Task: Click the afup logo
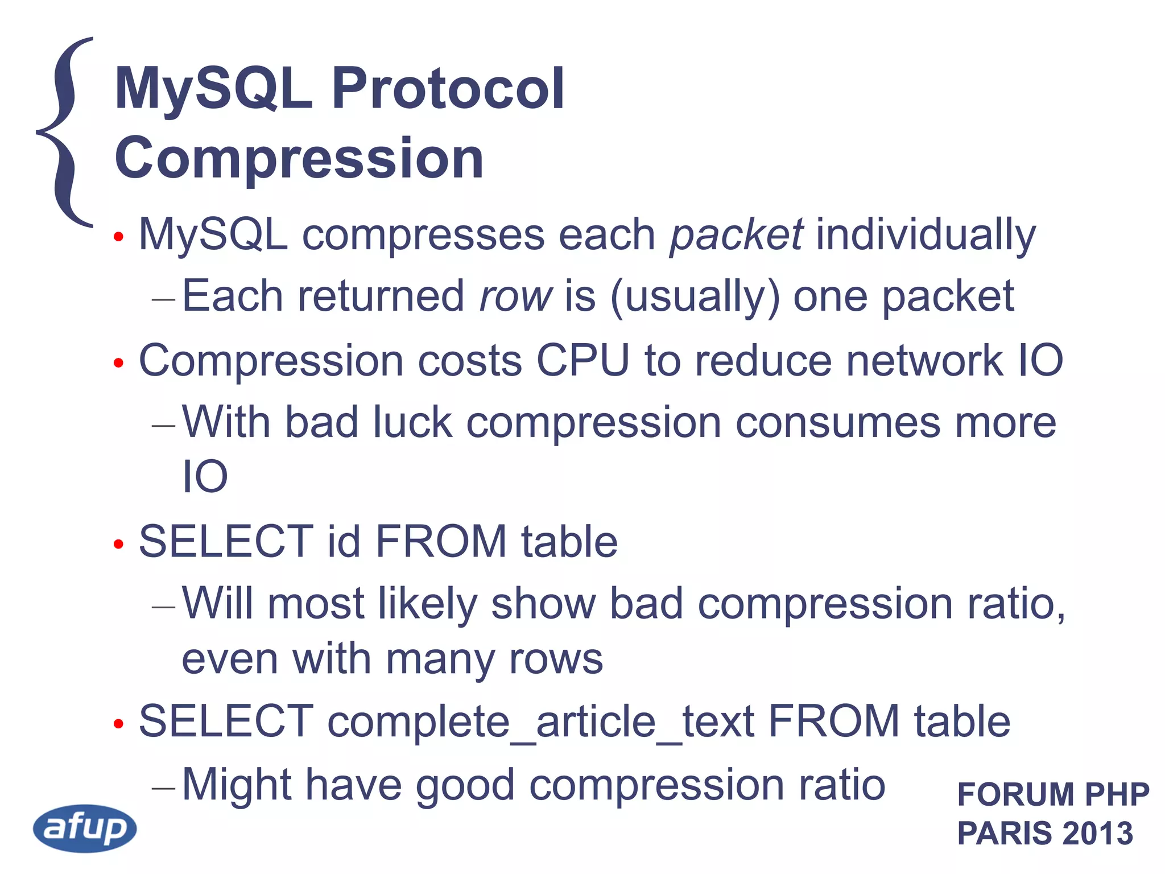(x=85, y=828)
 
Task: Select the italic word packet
(x=736, y=234)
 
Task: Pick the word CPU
(x=583, y=360)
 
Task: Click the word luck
(x=412, y=422)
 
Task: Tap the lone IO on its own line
(x=205, y=476)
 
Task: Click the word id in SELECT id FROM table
(x=344, y=541)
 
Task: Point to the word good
(x=465, y=785)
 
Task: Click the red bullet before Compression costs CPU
(x=118, y=363)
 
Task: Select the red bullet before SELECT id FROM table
(x=118, y=544)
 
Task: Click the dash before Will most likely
(x=163, y=607)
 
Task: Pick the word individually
(x=926, y=234)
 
